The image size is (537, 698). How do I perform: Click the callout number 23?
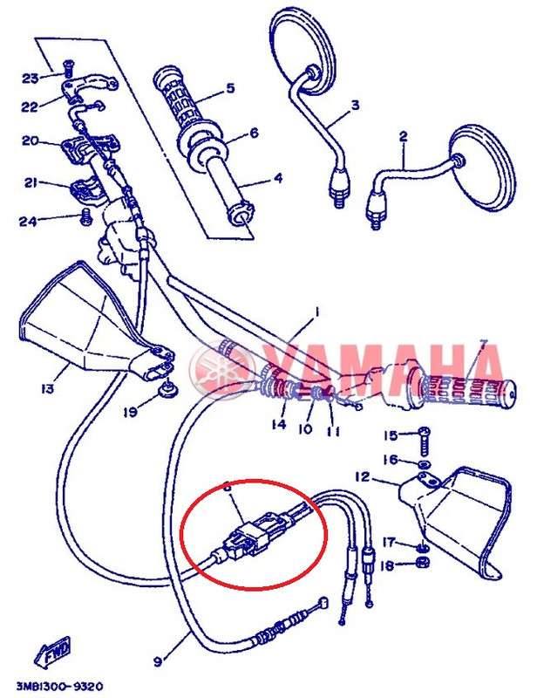click(x=30, y=78)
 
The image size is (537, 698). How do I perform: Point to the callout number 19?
click(x=129, y=411)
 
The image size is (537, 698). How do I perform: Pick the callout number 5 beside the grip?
click(x=230, y=88)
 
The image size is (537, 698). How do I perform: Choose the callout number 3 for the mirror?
click(x=355, y=106)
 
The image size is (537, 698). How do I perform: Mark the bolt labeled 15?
click(x=424, y=435)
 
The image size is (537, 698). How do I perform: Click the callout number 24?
click(x=30, y=220)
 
